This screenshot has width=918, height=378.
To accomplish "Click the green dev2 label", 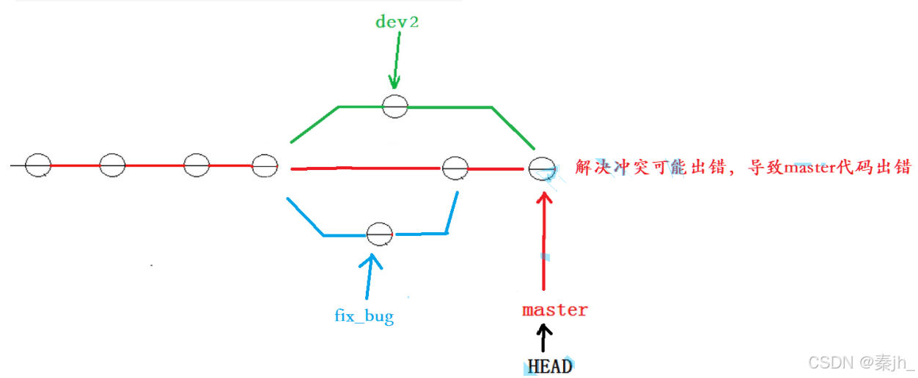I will (x=397, y=21).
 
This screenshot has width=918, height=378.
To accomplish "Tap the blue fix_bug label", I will (x=364, y=316).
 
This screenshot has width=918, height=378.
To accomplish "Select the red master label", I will (x=554, y=310).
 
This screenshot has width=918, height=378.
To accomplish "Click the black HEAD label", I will (x=549, y=365).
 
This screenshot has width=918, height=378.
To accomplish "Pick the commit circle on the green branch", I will (x=394, y=105).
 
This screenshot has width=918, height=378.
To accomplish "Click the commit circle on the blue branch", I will (x=379, y=234).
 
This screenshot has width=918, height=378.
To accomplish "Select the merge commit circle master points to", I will (x=541, y=168).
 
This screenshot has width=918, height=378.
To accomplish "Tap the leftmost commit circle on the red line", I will (x=38, y=166).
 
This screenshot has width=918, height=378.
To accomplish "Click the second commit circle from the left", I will (x=112, y=166).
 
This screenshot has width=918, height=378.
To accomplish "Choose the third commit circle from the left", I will (x=197, y=166).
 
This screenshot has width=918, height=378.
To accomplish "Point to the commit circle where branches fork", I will (x=264, y=166).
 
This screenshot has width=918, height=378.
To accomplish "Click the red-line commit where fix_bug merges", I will (x=455, y=168).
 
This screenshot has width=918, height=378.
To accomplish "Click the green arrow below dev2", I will (x=396, y=62).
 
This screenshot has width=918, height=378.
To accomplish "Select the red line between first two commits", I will (x=75, y=166).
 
